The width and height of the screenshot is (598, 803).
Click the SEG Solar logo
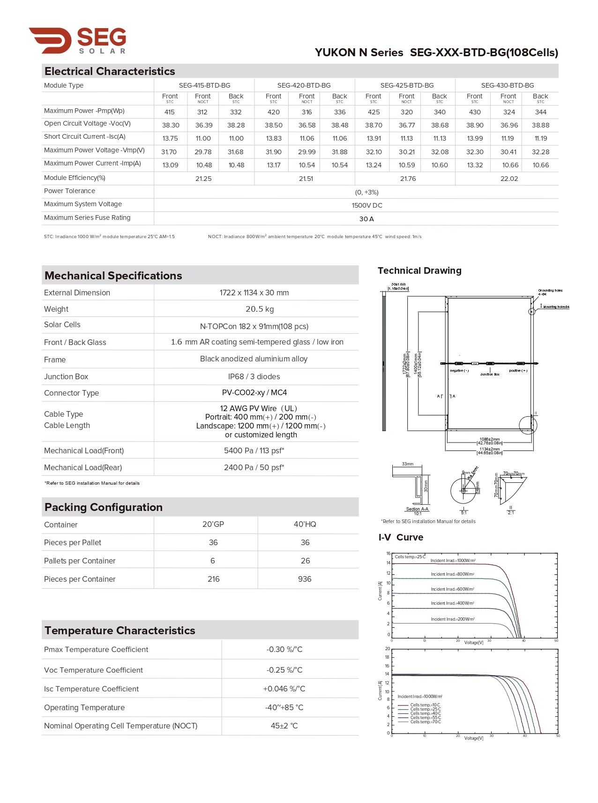78,40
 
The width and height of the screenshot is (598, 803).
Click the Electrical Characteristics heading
110,71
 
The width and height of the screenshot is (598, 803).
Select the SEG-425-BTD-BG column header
407,85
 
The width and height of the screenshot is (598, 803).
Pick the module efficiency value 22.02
509,179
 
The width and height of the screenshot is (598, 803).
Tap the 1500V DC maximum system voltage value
367,205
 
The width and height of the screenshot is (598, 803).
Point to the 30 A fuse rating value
366,219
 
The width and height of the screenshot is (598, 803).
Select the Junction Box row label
66,376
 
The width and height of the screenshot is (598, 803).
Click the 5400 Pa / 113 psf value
254,450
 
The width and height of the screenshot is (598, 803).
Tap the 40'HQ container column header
305,524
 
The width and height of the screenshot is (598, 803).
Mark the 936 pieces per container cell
305,579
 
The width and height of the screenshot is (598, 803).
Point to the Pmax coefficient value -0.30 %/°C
284,649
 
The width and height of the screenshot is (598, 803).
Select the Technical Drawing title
419,270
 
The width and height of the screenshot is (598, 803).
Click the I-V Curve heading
401,537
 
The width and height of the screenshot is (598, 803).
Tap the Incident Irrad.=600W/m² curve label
452,589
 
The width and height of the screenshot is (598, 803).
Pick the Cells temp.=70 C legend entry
425,722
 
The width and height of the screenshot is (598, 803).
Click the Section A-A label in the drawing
417,509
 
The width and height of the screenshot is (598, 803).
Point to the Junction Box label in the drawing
490,375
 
